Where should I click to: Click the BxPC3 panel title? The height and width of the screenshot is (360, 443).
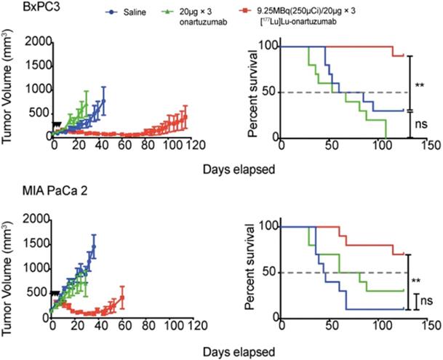tap(20, 9)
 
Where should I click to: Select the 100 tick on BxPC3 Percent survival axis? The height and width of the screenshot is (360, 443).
tap(272, 47)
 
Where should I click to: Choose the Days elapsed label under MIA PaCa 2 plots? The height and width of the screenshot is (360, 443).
tap(245, 350)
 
